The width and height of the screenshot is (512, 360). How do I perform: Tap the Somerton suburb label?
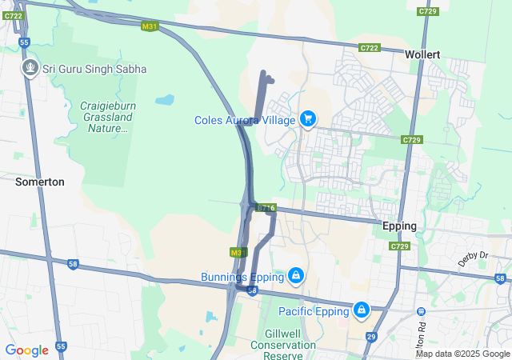[x=39, y=182]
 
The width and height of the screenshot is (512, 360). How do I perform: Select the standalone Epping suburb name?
[x=399, y=226]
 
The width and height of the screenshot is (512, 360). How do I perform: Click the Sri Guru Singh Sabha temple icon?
[x=30, y=68]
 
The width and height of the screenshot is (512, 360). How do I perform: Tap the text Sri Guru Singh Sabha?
[x=95, y=69]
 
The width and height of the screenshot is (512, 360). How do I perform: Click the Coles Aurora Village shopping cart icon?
[x=308, y=119]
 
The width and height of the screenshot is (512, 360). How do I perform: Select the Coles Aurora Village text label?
[x=245, y=120]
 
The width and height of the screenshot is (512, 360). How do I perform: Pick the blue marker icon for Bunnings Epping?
[x=296, y=276]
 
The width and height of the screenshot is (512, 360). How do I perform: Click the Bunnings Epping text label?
[x=242, y=278]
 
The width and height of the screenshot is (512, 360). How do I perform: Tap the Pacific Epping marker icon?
[x=362, y=309]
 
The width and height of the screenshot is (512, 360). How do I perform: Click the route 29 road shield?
[x=371, y=338]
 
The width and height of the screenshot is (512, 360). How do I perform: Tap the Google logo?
[x=26, y=350]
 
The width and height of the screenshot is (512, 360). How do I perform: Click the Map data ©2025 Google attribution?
[x=462, y=354]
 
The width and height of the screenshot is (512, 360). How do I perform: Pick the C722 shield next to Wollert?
[x=369, y=48]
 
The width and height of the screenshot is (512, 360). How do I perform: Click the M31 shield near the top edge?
[x=149, y=26]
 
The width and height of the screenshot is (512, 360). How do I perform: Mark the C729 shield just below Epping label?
[x=400, y=246]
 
